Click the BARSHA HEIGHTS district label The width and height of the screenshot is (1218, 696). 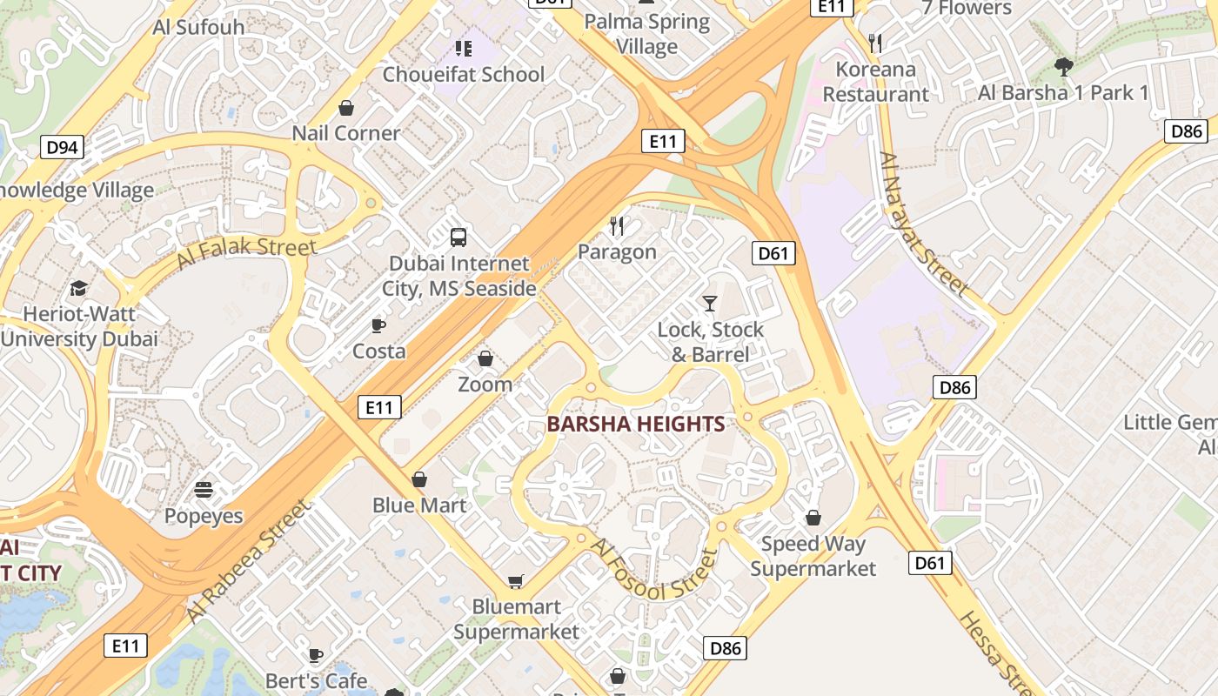(635, 425)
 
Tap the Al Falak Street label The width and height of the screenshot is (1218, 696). (246, 252)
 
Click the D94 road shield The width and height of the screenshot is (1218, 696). (62, 147)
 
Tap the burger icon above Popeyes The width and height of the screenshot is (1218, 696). (204, 490)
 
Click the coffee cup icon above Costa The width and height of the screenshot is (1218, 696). (378, 325)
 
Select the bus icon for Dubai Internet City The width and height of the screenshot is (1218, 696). (458, 237)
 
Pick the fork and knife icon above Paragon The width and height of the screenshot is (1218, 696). (617, 226)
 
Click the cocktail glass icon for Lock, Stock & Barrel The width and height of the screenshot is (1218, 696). (710, 304)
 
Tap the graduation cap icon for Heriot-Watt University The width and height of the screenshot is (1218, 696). (79, 288)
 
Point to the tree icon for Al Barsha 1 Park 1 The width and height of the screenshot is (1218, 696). (1063, 66)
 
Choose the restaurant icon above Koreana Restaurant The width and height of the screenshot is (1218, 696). (875, 43)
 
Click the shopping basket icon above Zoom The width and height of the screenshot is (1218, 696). (485, 358)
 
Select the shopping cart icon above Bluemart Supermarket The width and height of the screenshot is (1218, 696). (516, 580)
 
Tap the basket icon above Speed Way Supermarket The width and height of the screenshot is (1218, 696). (813, 519)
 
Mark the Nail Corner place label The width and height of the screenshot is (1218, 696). (346, 133)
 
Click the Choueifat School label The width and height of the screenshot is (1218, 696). (464, 74)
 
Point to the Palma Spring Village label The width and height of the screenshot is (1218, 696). (647, 33)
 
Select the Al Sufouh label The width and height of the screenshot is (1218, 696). (198, 26)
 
